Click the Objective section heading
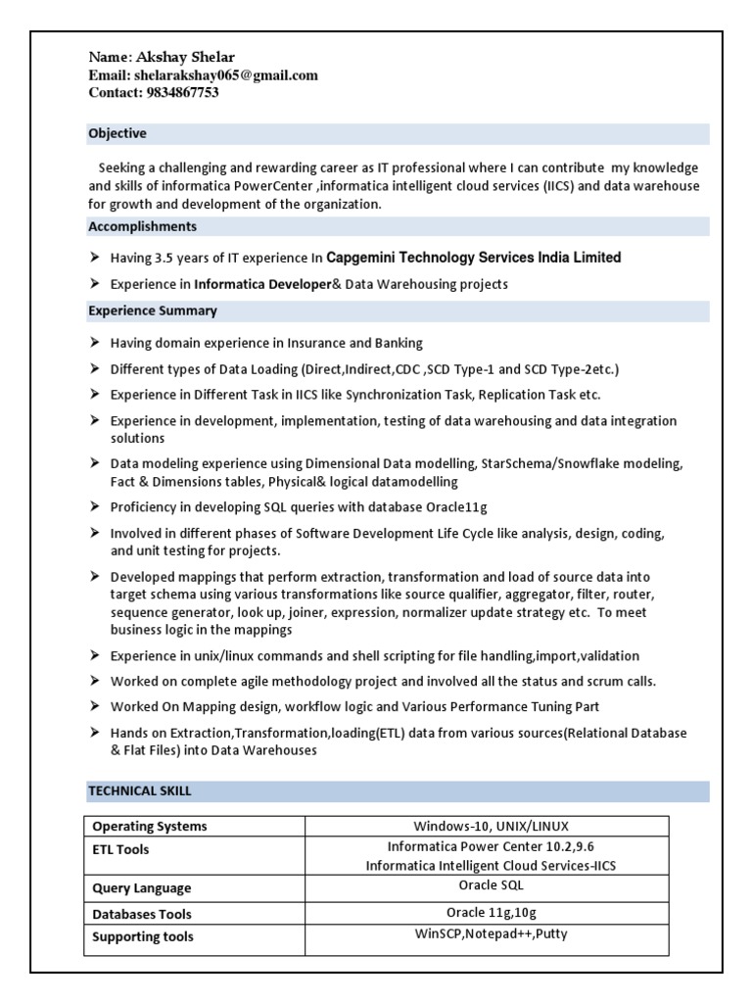tap(117, 133)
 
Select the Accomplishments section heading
tap(142, 226)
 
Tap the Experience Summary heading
tap(153, 310)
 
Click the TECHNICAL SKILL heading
tap(140, 790)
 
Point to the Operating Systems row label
tap(149, 826)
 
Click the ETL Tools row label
tap(120, 849)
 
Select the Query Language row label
tap(141, 887)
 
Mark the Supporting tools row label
tap(143, 936)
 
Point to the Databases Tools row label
tap(141, 913)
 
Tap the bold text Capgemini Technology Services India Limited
tap(473, 258)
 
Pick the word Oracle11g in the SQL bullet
tap(456, 506)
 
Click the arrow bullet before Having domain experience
tap(94, 343)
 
